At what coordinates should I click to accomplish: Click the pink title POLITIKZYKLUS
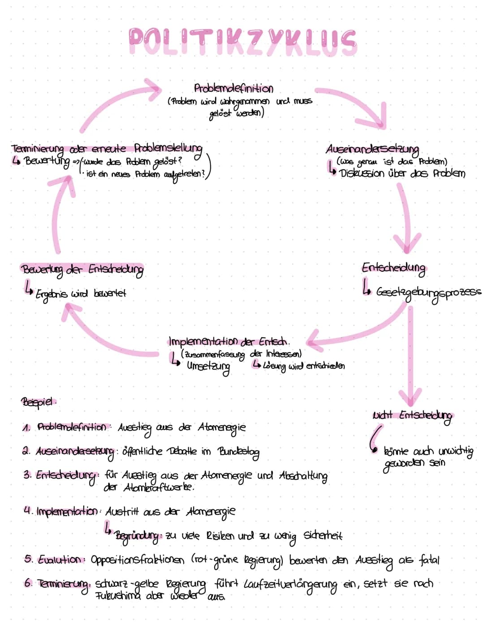point(242,41)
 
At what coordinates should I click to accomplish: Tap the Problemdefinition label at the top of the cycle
point(233,88)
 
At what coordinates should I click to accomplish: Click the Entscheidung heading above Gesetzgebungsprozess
point(393,268)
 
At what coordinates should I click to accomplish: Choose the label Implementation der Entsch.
point(229,342)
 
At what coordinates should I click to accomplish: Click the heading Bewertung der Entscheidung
point(82,269)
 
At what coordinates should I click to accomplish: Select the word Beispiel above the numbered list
point(38,402)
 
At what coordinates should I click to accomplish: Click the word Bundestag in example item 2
point(238,451)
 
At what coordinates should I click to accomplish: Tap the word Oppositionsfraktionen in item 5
point(138,560)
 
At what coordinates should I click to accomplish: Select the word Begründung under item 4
point(137,536)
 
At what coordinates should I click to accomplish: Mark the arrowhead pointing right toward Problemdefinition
point(152,88)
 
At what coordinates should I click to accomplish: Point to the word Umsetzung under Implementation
point(208,367)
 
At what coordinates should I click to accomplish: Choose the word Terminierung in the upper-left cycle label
point(37,149)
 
